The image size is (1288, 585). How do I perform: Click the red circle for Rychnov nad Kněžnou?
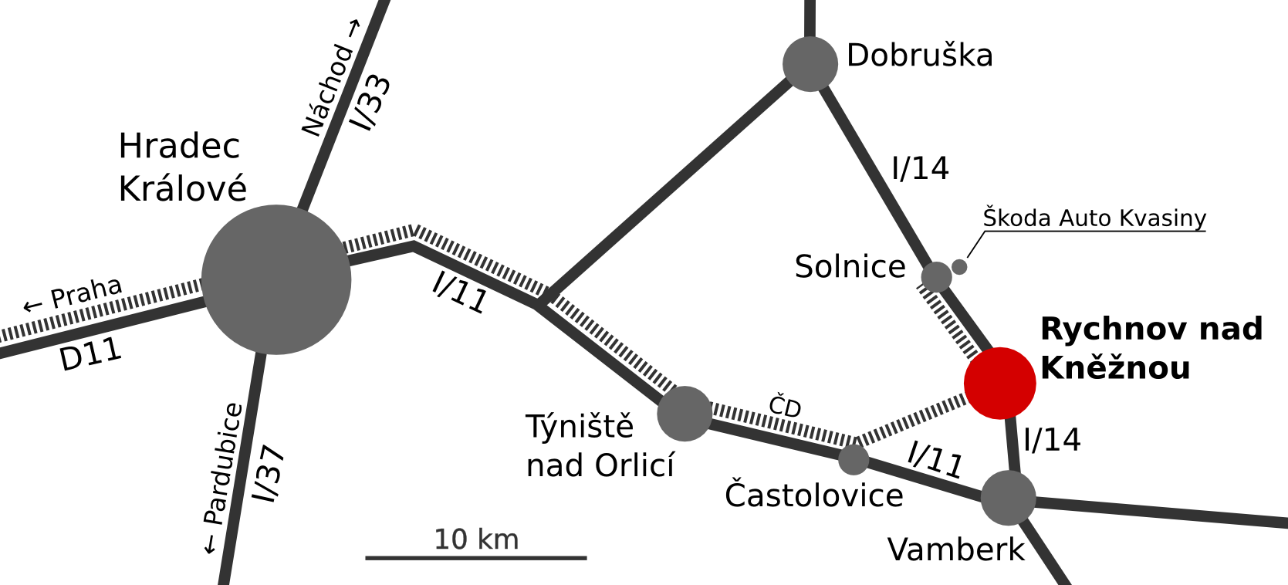(x=999, y=383)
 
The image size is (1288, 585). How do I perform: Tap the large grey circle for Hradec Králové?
(x=276, y=279)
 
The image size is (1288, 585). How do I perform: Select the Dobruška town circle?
(x=810, y=64)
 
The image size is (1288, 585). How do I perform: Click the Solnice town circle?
(x=936, y=277)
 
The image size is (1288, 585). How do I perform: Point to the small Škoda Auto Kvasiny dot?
(x=959, y=267)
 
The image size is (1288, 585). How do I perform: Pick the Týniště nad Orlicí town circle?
(x=685, y=414)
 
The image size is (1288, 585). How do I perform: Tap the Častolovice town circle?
(x=853, y=459)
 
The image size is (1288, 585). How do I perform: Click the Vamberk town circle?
(x=1008, y=498)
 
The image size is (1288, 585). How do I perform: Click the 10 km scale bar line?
(x=475, y=557)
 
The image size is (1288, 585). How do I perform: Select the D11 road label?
(x=91, y=355)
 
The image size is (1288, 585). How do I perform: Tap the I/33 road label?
(x=371, y=102)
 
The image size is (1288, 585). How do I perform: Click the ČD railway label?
(x=785, y=406)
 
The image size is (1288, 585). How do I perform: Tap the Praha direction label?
(x=73, y=296)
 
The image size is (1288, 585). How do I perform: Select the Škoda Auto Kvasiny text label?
(x=1094, y=218)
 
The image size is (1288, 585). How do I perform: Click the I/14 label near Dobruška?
(x=920, y=168)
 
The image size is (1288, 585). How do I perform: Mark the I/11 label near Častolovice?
(x=935, y=459)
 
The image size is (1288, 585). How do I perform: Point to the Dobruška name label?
(x=919, y=56)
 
